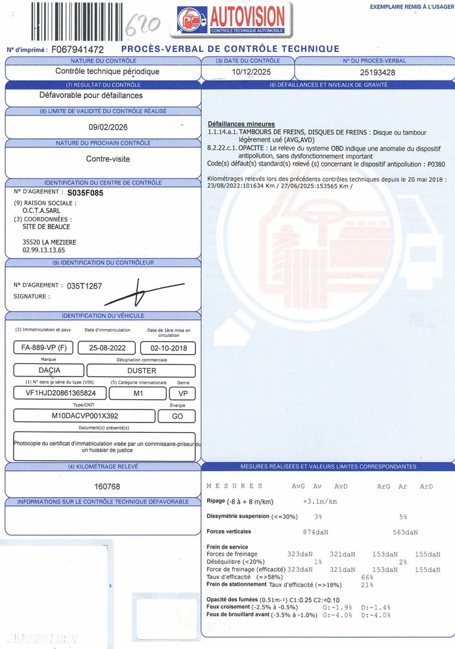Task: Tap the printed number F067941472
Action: [77, 49]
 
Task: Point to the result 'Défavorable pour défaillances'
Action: [91, 95]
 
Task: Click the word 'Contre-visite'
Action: [107, 158]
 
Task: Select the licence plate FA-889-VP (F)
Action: [43, 348]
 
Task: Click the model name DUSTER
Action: [141, 371]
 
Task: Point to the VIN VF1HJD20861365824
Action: [60, 393]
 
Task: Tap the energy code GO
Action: [178, 416]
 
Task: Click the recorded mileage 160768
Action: [106, 486]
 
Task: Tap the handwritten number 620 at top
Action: [143, 26]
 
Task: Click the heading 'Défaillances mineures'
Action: [241, 124]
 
